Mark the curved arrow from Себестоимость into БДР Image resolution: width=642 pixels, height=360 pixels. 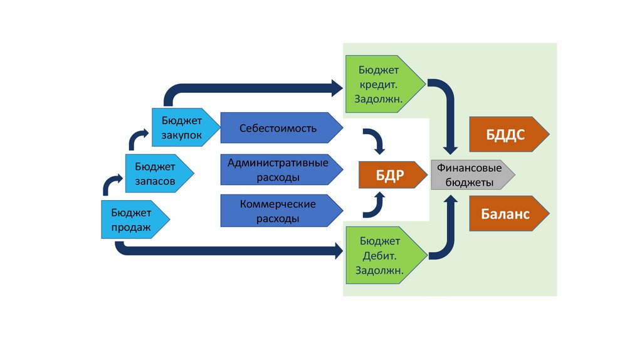pyautogui.click(x=377, y=140)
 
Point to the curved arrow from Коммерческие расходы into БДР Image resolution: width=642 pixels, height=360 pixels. pyautogui.click(x=377, y=206)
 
